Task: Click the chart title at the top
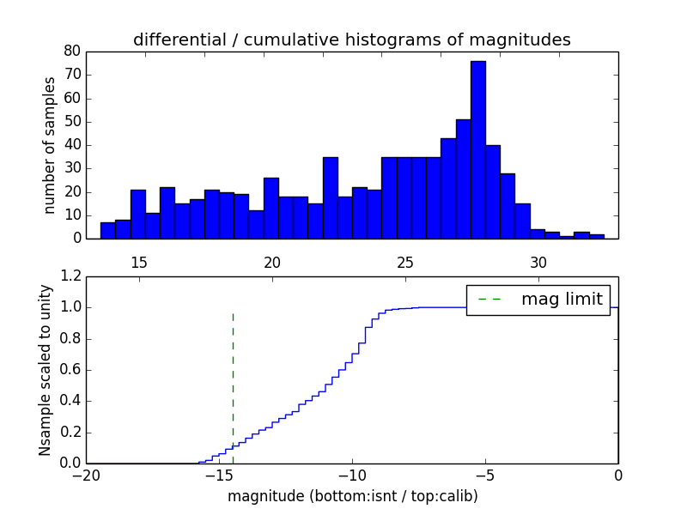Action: [x=352, y=39]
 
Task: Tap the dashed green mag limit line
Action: [x=233, y=378]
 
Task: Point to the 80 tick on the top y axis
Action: [x=72, y=51]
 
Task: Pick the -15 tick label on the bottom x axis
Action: [x=219, y=475]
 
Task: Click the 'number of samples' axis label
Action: [x=50, y=144]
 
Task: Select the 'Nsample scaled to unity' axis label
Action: [x=46, y=370]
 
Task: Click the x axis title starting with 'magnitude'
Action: [x=352, y=496]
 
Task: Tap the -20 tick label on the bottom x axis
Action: [x=86, y=475]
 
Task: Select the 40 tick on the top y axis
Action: [x=72, y=144]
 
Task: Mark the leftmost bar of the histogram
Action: [x=107, y=230]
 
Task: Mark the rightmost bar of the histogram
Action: [x=596, y=236]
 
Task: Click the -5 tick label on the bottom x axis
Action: [x=485, y=475]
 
